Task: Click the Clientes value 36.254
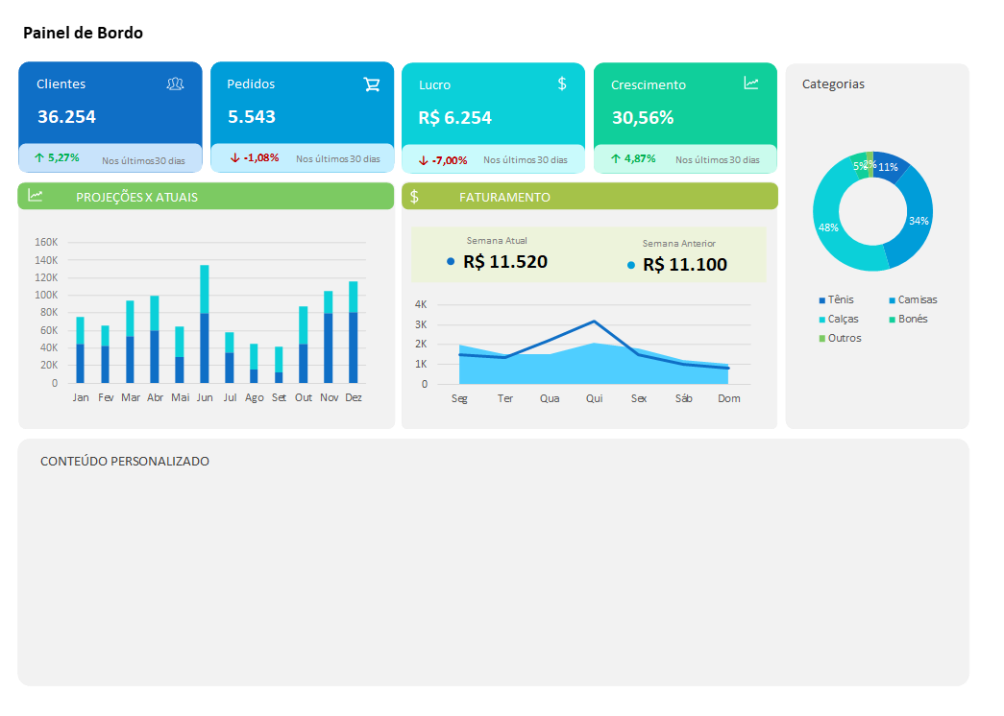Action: click(x=66, y=117)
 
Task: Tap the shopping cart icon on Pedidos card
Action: click(x=372, y=84)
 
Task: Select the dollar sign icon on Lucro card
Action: click(x=562, y=84)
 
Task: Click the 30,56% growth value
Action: click(x=642, y=118)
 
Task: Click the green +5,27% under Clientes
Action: click(x=57, y=157)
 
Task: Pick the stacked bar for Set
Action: click(x=279, y=365)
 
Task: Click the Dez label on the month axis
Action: click(x=353, y=397)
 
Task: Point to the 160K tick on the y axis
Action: click(x=46, y=242)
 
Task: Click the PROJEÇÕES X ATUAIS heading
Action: click(x=136, y=197)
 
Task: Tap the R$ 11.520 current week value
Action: click(x=504, y=261)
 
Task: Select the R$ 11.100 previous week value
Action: click(x=684, y=264)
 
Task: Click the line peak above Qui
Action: click(x=594, y=322)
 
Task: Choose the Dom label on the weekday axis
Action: click(x=729, y=398)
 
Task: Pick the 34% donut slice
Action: click(x=918, y=220)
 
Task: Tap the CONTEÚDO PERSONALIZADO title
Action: click(x=125, y=462)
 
